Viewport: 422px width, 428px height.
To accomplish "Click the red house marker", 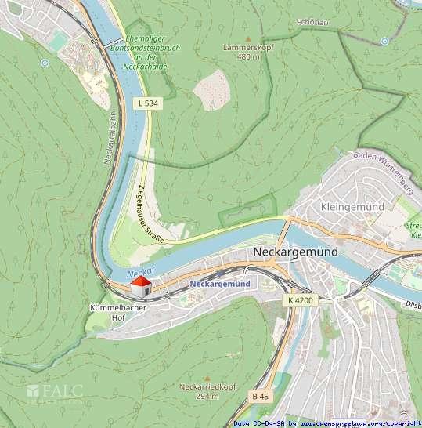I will [141, 287].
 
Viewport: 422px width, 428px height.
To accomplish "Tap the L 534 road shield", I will [146, 103].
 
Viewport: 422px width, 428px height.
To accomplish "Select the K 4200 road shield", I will [300, 300].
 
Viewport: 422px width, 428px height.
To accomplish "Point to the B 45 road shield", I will [261, 397].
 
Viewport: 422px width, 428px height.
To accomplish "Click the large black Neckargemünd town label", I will [296, 252].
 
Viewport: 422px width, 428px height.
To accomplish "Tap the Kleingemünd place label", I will [352, 206].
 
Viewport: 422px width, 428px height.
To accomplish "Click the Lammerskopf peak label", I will [241, 52].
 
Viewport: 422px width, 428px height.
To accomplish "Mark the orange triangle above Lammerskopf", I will [248, 38].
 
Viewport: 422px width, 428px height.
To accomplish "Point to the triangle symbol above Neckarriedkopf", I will [208, 377].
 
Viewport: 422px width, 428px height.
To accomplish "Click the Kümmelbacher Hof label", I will [118, 313].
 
